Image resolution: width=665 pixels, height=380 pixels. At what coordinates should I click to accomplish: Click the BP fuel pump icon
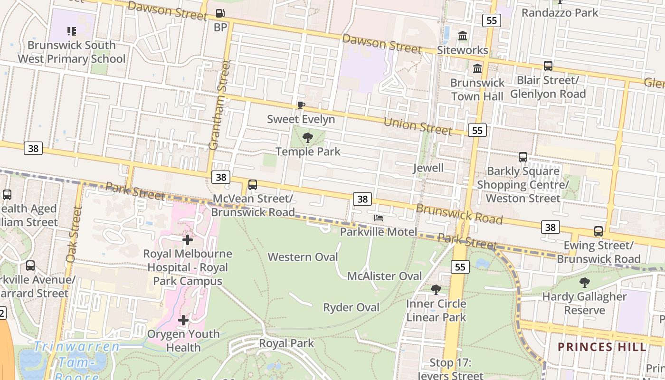click(x=220, y=13)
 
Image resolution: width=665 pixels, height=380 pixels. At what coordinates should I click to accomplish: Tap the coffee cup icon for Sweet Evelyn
click(x=301, y=105)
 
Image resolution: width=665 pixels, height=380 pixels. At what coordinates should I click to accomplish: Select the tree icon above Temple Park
click(x=308, y=138)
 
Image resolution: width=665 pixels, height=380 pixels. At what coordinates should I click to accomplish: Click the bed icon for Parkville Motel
click(x=379, y=218)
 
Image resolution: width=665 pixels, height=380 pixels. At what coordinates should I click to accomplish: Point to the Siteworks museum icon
click(x=463, y=36)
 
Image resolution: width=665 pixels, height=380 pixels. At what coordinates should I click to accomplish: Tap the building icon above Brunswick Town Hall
click(x=477, y=69)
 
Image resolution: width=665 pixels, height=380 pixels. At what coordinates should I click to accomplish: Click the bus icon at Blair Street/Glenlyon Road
click(x=548, y=66)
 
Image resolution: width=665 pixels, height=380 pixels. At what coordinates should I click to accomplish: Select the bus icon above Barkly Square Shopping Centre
click(x=523, y=157)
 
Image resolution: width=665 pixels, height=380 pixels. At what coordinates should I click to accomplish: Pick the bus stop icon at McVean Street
click(x=253, y=185)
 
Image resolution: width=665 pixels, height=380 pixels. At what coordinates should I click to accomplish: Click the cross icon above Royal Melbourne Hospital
click(x=188, y=240)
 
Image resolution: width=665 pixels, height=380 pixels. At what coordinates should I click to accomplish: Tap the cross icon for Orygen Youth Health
click(x=183, y=320)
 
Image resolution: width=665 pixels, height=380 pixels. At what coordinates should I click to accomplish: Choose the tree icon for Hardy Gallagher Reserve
click(x=584, y=283)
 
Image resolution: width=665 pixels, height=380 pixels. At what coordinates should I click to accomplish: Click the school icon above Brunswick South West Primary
click(x=72, y=31)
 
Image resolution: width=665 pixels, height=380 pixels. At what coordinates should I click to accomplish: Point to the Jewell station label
click(x=428, y=168)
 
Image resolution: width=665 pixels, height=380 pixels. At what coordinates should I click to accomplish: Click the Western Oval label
click(x=303, y=257)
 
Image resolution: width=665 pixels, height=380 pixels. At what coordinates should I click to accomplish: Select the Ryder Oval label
click(x=351, y=307)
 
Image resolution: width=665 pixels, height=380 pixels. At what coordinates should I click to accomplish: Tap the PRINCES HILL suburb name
click(x=602, y=347)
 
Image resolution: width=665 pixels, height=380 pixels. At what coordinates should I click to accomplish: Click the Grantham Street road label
click(x=219, y=104)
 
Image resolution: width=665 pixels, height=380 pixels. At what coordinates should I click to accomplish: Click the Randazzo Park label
click(x=560, y=12)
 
